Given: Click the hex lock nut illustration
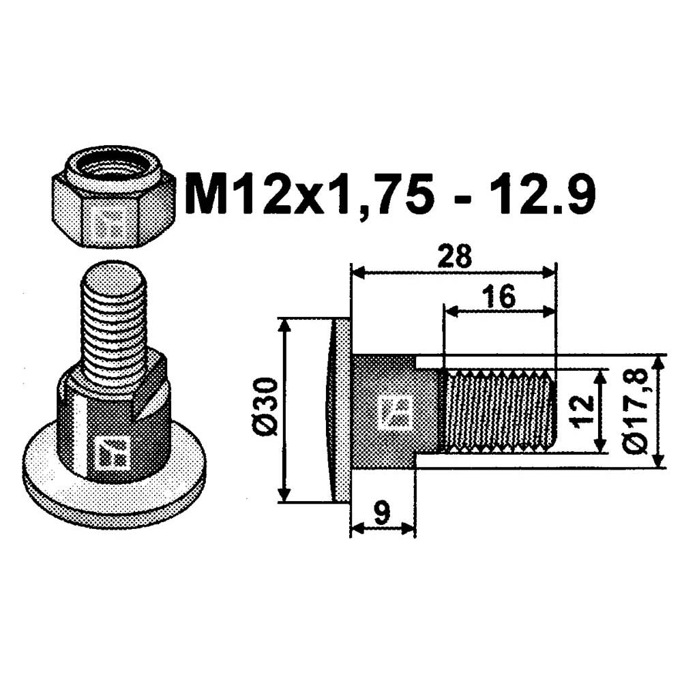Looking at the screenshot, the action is coord(113,196).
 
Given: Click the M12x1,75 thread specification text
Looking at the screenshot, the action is coord(309,194).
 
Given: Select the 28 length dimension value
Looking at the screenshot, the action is coord(455,256).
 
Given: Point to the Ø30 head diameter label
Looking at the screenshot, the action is coord(265,406).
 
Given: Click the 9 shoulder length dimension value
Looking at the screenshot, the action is coord(383,513).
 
